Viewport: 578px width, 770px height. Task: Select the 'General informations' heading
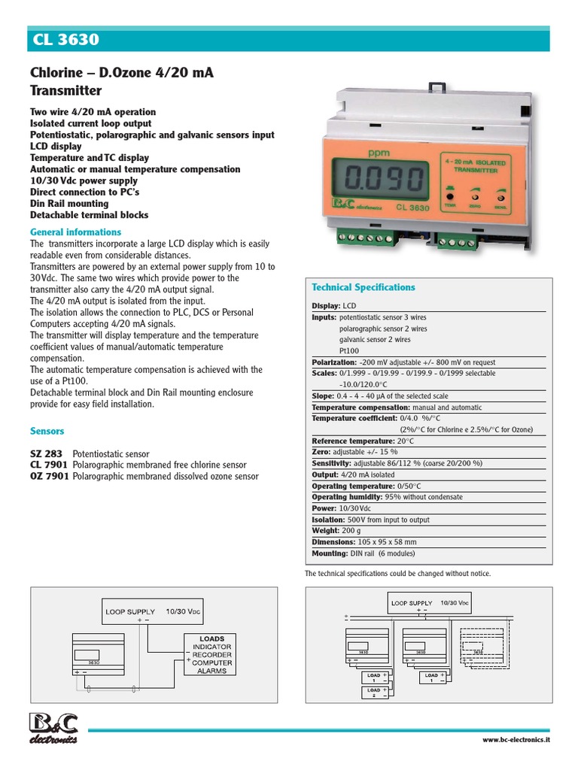click(75, 232)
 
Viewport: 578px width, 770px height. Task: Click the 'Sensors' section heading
click(47, 431)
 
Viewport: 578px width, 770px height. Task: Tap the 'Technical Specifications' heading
click(364, 287)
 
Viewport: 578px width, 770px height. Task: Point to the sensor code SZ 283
click(47, 454)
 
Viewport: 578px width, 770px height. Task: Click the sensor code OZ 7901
click(48, 477)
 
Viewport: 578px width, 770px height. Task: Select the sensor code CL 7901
click(48, 465)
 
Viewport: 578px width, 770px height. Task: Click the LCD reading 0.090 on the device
click(382, 180)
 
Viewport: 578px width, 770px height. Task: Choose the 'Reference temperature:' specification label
click(352, 441)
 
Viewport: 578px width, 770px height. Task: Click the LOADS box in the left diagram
click(212, 653)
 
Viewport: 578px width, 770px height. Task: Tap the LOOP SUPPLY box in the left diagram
click(151, 612)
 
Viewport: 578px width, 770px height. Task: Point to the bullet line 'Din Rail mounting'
click(69, 203)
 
